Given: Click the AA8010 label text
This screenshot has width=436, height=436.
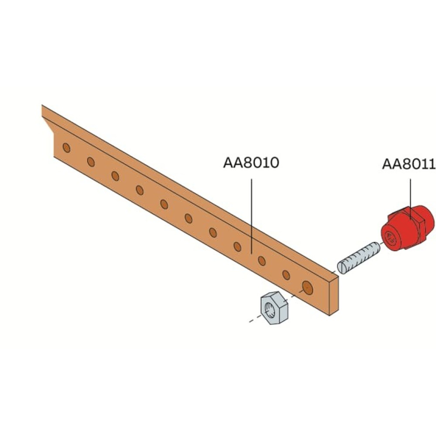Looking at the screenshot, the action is (251, 162).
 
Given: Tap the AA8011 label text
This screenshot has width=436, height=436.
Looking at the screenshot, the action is (409, 164).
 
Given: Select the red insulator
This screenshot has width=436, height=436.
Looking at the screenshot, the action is (407, 228).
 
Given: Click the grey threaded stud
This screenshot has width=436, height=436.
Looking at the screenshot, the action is (359, 258).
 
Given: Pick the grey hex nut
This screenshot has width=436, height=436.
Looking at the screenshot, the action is (274, 308).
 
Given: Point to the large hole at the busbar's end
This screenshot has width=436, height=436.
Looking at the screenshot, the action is (307, 287).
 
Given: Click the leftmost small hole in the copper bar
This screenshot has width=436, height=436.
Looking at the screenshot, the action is (66, 148).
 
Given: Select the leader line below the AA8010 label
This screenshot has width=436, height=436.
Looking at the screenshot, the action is (252, 216).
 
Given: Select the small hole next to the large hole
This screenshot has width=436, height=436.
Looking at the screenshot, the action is (286, 275).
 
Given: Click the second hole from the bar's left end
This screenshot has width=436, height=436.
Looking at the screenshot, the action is (91, 162).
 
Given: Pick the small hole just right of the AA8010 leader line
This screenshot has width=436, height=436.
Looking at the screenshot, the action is (262, 261).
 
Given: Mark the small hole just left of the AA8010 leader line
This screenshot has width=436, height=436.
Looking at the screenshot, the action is (237, 246).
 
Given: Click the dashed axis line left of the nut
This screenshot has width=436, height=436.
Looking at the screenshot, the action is (255, 319).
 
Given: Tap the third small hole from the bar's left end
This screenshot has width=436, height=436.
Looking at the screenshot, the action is (115, 176).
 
